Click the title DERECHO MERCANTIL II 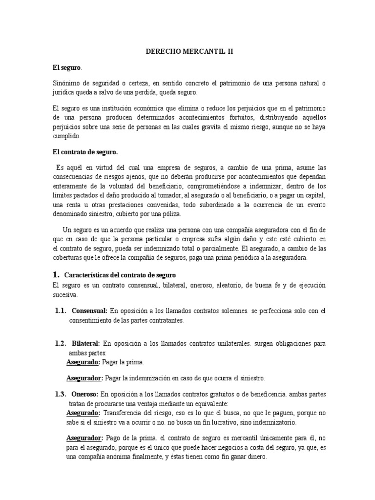tap(187, 51)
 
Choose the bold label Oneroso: tap(85, 394)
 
